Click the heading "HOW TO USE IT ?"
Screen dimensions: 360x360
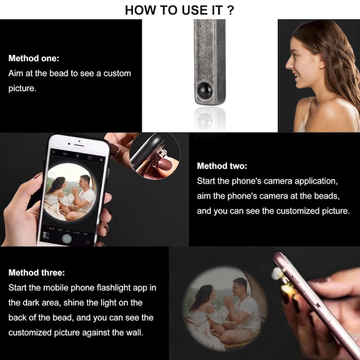179,10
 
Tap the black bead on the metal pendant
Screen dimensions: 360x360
205,91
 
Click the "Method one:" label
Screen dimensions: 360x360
34,58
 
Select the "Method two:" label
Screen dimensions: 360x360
222,166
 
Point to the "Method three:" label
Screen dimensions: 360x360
37,272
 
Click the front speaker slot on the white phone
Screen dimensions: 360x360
79,145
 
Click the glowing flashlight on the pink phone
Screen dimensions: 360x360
278,274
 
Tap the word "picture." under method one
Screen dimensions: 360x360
22,88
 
